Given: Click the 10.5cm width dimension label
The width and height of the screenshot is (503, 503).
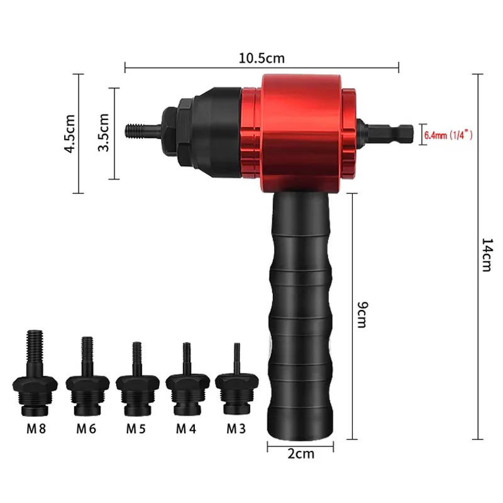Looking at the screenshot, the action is [262, 58].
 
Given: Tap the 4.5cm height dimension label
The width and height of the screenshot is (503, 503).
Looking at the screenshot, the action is [70, 133].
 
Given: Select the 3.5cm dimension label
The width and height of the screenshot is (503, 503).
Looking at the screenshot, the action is [104, 132].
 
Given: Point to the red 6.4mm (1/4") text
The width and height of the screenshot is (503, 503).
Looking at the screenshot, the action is [448, 135].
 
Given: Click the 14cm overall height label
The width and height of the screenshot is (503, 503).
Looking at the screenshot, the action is [487, 255].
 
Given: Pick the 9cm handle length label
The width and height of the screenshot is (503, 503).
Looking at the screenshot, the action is [363, 314].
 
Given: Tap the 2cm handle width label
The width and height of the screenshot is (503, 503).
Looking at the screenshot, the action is [301, 453].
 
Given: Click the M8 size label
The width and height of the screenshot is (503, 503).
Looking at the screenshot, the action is [36, 429].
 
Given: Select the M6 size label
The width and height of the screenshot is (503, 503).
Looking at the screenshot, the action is [86, 429].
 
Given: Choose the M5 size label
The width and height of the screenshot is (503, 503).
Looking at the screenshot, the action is [136, 429].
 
